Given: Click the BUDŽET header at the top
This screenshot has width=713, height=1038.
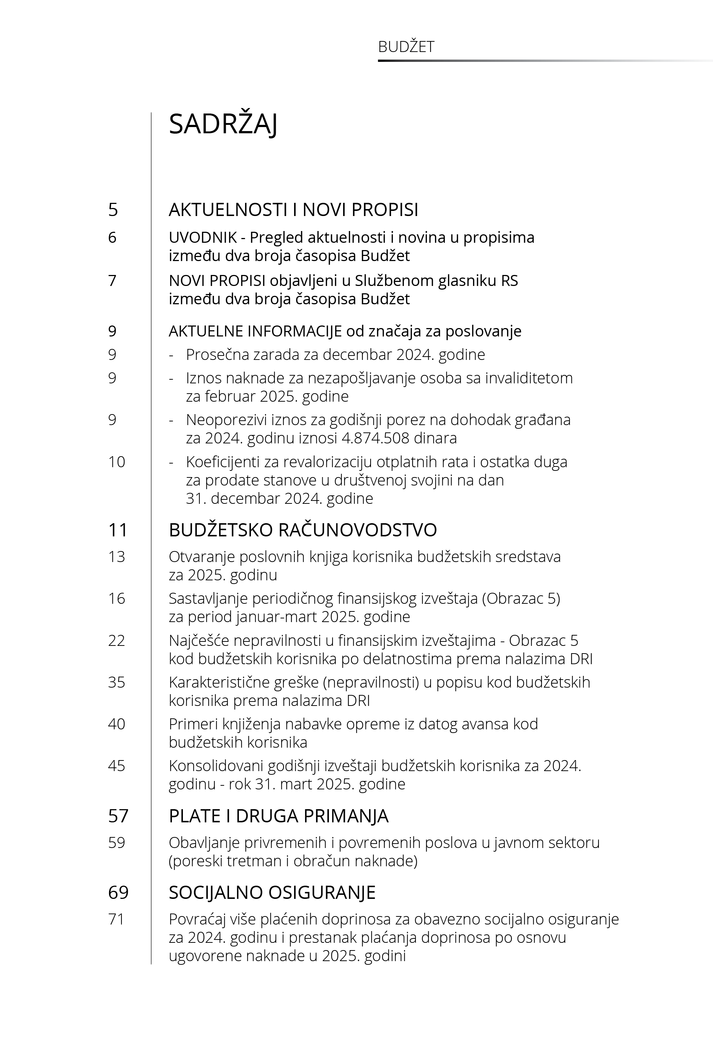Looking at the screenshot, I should (406, 47).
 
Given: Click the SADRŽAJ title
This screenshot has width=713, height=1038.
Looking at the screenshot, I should (223, 124).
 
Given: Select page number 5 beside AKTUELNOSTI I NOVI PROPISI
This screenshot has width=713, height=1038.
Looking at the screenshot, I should (113, 210).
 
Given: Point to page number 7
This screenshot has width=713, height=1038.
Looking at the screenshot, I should (112, 281).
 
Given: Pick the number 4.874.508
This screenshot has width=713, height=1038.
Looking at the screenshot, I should (375, 438).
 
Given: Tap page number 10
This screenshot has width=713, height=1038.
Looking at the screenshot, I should (117, 462).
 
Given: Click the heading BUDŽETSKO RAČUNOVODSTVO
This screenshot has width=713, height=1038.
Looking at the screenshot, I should (303, 530).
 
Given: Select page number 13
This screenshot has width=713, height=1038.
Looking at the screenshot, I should (117, 557).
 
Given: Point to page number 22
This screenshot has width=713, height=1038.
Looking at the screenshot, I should (117, 641).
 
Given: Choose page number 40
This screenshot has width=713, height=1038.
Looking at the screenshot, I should (117, 724).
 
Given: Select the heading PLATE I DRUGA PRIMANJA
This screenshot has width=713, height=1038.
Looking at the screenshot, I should (278, 816).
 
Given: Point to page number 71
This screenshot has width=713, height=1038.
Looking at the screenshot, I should (116, 919).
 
